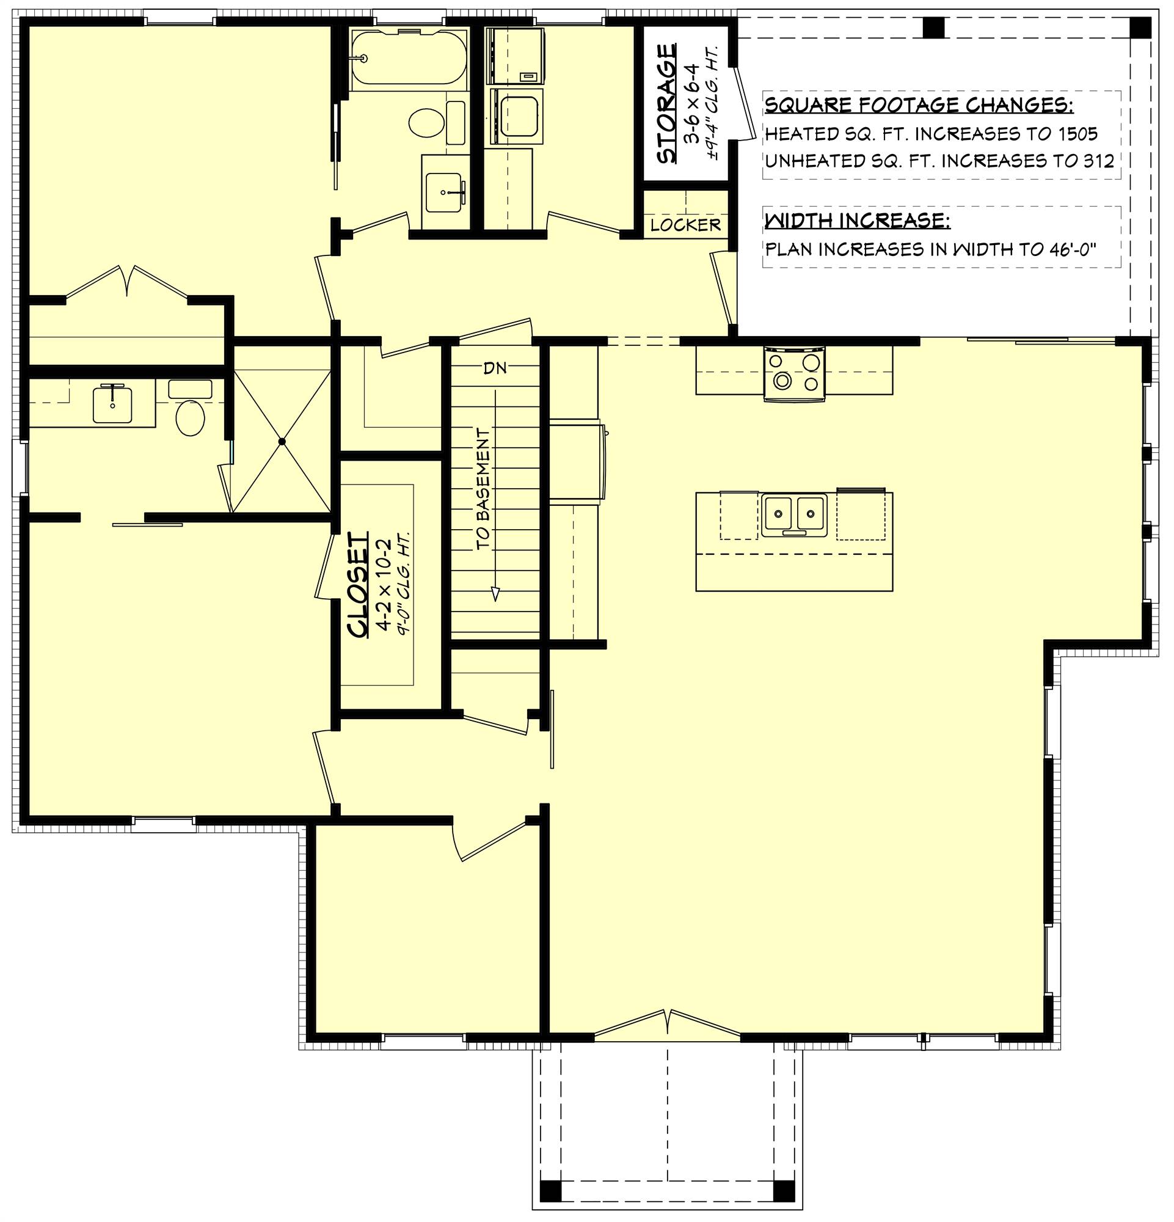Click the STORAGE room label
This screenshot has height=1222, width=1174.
click(666, 103)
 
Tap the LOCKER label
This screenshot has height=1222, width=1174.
click(685, 225)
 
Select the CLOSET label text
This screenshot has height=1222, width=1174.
click(359, 585)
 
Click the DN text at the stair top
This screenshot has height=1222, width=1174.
click(495, 368)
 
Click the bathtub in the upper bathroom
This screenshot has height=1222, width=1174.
click(407, 57)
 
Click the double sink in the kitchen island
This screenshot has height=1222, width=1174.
click(793, 515)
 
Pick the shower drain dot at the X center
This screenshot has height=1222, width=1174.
click(282, 441)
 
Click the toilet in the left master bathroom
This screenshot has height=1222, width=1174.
click(190, 417)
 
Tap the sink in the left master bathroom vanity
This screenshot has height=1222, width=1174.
click(112, 404)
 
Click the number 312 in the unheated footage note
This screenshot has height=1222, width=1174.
click(1098, 161)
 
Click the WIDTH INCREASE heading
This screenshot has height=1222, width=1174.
click(858, 220)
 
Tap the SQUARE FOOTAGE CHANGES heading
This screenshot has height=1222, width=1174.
click(919, 104)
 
